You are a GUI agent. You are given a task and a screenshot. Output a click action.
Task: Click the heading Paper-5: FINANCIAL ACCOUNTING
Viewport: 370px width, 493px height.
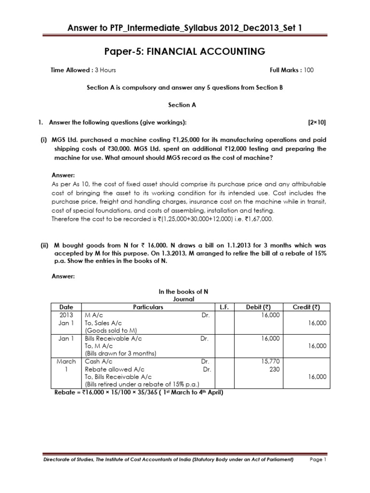(x=185, y=51)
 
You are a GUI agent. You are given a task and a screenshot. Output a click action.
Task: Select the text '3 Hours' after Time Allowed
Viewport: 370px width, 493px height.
(x=105, y=70)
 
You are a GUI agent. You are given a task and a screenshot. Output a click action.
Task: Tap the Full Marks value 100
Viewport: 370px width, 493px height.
(x=308, y=70)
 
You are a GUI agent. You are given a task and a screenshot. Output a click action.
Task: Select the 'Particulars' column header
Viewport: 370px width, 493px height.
(x=148, y=307)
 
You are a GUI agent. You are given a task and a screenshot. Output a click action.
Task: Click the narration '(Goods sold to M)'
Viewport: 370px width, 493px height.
(x=110, y=331)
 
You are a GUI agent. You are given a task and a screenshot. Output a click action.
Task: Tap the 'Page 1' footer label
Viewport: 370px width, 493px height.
(x=318, y=460)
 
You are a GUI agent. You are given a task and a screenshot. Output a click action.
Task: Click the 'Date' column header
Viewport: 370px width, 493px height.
(x=66, y=307)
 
